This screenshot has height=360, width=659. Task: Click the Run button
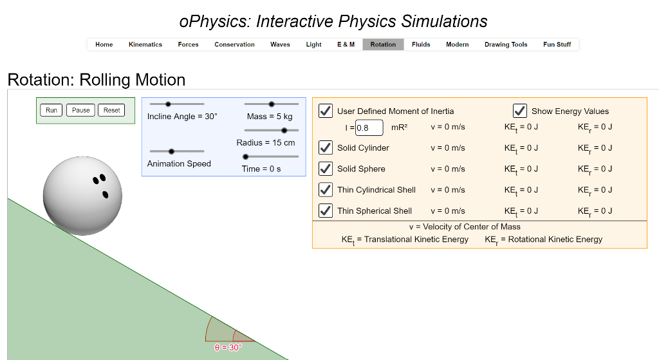[51, 110]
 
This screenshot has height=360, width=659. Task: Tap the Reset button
[112, 110]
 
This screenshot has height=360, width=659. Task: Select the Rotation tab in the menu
[383, 44]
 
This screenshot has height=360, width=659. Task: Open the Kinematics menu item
[145, 44]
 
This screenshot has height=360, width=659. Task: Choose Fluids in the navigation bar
[421, 44]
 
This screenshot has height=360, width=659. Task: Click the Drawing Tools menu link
[506, 44]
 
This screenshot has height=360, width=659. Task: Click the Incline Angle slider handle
[169, 104]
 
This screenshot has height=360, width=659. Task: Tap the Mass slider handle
[272, 104]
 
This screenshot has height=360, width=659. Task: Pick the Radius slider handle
[285, 130]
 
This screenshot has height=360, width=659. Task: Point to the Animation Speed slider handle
[171, 151]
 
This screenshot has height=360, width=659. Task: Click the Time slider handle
[245, 156]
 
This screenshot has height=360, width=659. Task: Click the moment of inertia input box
[369, 128]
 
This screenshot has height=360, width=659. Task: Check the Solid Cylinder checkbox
[326, 147]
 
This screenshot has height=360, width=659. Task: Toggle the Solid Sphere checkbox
[326, 169]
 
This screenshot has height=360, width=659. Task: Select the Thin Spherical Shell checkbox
[326, 211]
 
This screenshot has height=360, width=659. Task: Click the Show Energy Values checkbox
[520, 111]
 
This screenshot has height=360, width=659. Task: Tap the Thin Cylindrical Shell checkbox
[326, 190]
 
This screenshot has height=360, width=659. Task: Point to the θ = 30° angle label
[228, 347]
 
